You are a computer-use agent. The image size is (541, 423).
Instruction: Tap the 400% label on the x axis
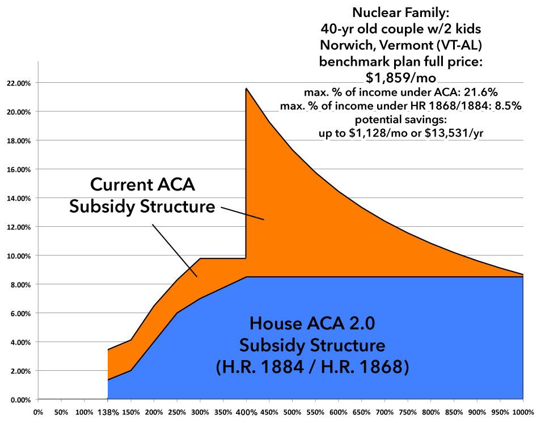pyautogui.click(x=245, y=412)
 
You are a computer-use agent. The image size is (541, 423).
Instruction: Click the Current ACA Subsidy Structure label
pyautogui.click(x=142, y=196)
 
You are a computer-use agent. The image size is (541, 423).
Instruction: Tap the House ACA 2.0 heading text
pyautogui.click(x=312, y=324)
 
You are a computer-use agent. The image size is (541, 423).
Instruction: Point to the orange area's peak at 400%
pyautogui.click(x=246, y=89)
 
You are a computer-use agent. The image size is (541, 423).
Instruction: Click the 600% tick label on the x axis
pyautogui.click(x=338, y=412)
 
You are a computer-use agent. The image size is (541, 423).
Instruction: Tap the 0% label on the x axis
pyautogui.click(x=39, y=412)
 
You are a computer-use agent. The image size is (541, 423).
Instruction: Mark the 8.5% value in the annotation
pyautogui.click(x=511, y=106)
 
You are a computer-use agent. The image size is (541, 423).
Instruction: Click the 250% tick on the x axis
pyautogui.click(x=176, y=412)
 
